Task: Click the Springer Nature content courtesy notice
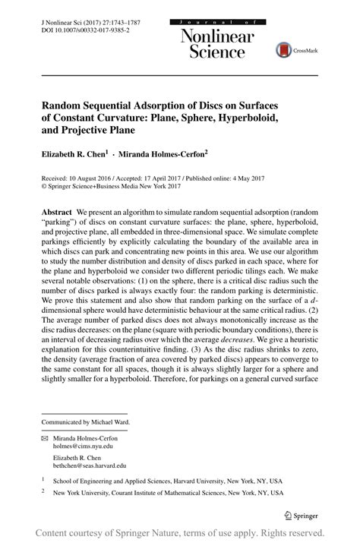pos(180,533)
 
